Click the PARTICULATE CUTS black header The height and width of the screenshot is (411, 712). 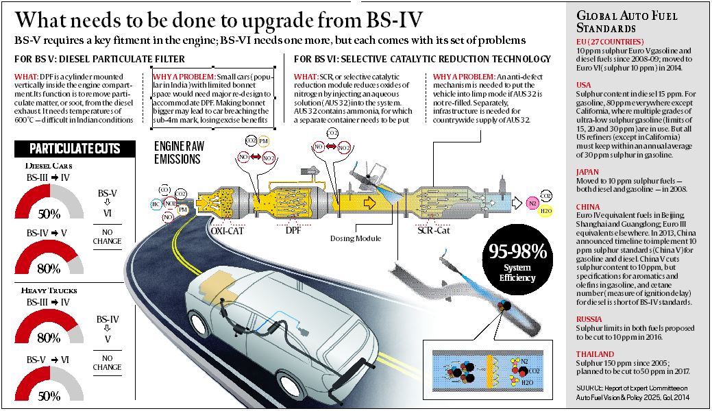(75, 149)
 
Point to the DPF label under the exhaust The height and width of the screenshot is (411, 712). (293, 231)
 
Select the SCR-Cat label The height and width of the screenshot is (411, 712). (434, 231)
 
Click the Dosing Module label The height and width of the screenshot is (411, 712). (356, 239)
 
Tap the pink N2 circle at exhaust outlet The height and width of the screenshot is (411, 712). (532, 203)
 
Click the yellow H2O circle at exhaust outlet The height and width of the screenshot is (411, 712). (545, 212)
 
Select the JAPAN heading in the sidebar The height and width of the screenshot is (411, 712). (588, 173)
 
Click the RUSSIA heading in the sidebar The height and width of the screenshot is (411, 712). (590, 319)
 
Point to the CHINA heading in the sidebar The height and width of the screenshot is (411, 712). (588, 206)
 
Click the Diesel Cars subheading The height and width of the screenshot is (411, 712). (47, 166)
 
